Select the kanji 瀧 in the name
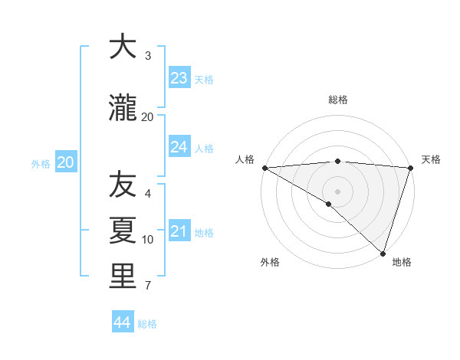point(123,109)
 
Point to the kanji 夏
point(123,230)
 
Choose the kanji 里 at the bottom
point(123,277)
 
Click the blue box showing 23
point(179,78)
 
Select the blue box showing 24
point(179,147)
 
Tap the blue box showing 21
point(179,231)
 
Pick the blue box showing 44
point(123,322)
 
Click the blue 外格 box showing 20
point(66,162)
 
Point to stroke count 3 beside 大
point(148,56)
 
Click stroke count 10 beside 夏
point(148,240)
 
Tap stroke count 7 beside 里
point(148,286)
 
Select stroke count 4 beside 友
point(148,194)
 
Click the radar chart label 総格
point(338,100)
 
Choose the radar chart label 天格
point(431,159)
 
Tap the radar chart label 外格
point(270,263)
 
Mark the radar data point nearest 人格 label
point(264,168)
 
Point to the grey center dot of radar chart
point(338,191)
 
